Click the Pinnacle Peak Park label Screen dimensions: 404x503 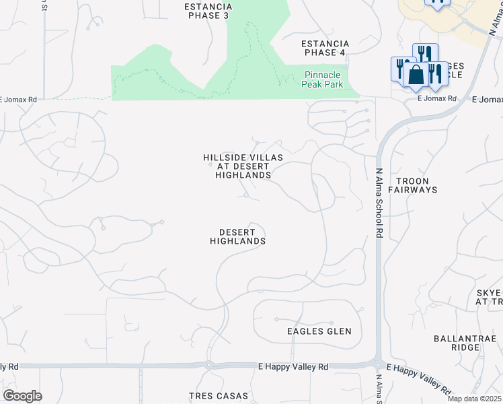tap(323, 79)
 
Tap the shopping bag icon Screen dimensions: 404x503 tap(416, 75)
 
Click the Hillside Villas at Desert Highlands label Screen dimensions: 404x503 tap(243, 166)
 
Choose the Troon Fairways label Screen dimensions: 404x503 tap(417, 185)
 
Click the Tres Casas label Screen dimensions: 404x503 tap(219, 396)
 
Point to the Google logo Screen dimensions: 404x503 tap(22, 396)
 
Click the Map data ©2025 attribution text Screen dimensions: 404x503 tap(475, 399)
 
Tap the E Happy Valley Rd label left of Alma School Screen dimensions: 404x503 tap(293, 367)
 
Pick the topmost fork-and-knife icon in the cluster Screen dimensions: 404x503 tap(425, 53)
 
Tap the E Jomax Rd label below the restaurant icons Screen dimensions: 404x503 tap(437, 98)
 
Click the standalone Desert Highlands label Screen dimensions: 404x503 tap(237, 236)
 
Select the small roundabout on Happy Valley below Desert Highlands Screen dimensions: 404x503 tap(209, 366)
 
